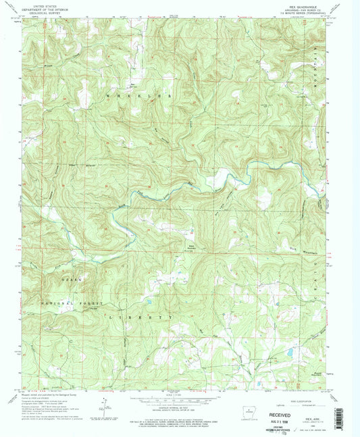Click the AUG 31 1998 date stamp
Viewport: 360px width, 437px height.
click(x=292, y=414)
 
